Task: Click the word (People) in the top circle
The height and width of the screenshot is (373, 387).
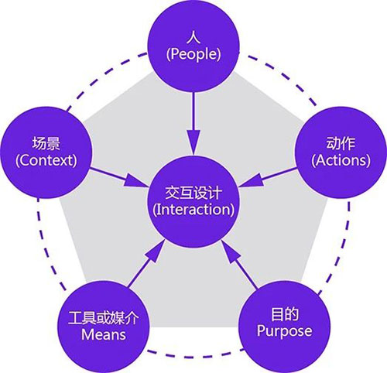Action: (193, 54)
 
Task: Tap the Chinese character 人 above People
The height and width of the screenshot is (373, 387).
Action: (193, 37)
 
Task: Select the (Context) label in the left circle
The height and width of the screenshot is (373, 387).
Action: (46, 160)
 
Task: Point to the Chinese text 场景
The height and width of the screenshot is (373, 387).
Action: (46, 143)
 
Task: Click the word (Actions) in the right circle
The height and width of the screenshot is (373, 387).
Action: (341, 160)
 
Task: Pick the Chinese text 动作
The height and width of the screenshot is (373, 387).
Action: (341, 143)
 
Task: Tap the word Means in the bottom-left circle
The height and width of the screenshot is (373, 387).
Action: (104, 334)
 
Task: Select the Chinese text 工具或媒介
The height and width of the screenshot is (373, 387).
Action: (104, 318)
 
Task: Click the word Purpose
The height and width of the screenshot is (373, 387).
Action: (284, 331)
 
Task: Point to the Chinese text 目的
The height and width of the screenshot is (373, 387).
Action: (285, 314)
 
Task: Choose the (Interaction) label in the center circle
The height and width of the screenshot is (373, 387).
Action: (193, 209)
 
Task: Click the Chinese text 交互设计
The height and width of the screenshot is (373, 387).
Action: (193, 193)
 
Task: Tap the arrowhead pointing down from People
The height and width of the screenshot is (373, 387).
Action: (193, 142)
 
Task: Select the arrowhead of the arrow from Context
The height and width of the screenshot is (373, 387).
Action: (135, 180)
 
